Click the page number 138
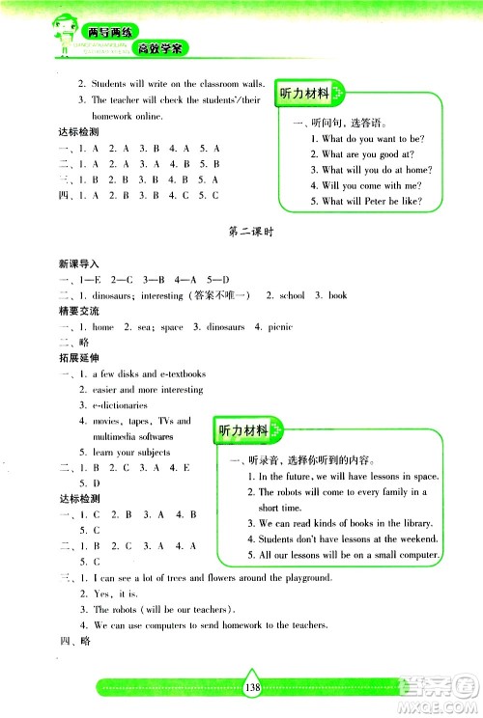pos(254,688)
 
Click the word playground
pos(301,577)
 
